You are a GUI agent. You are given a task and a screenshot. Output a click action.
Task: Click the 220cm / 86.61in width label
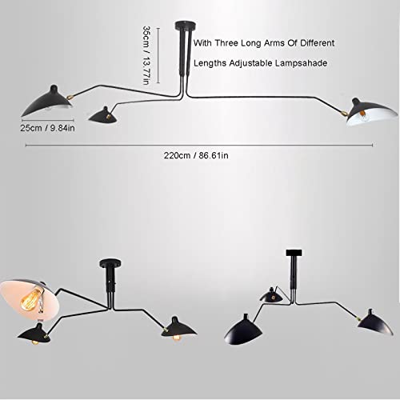point(196,155)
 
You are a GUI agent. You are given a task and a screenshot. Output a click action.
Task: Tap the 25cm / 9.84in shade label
point(47,128)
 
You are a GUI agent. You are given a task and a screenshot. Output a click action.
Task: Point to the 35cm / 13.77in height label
point(146,55)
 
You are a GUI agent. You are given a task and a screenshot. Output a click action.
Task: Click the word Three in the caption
point(226,43)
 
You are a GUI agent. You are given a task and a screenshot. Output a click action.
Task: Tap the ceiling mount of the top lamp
point(186,26)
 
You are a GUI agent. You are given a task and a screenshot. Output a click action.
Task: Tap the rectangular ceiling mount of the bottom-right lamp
point(294,253)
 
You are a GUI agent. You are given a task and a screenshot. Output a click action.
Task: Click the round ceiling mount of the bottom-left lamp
point(110,263)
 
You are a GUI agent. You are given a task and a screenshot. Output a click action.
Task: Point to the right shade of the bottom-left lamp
point(178,329)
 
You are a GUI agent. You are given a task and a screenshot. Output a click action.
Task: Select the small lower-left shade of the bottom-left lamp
point(34,334)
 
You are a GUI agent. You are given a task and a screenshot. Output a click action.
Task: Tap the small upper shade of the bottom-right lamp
point(271,295)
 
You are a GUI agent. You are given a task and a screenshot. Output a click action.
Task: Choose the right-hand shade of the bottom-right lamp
point(374,322)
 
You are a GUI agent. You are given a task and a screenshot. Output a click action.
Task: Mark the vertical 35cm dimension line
point(158,55)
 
